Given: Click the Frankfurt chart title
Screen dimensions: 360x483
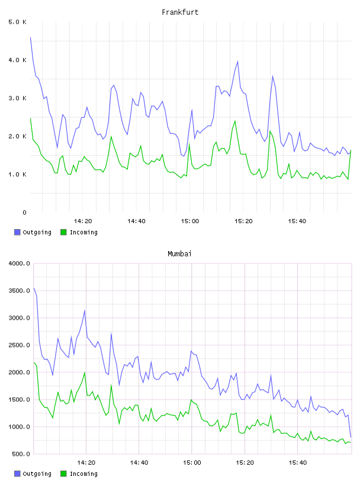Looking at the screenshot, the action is point(180,12).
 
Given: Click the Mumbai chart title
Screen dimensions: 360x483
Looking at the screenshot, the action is point(179,254).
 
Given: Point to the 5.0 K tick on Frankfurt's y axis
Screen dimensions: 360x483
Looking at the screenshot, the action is point(17,22).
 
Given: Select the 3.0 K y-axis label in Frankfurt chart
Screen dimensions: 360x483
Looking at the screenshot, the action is point(17,98).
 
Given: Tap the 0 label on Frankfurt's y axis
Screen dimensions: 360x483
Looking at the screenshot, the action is point(24,212).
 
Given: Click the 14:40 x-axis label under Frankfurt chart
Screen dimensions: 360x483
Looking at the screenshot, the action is point(136,221).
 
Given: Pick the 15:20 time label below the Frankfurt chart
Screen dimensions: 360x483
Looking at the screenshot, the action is point(243,221).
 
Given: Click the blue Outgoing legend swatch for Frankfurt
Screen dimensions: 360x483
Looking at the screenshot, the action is point(17,232).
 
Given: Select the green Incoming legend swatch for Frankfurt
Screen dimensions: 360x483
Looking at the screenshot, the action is point(63,232).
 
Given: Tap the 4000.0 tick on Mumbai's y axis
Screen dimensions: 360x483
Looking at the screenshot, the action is point(19,263).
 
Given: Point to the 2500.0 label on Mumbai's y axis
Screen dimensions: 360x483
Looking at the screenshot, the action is point(19,345).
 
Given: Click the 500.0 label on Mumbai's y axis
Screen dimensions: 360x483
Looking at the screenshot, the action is point(21,454).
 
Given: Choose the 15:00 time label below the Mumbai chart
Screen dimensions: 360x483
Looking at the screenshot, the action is point(192,463).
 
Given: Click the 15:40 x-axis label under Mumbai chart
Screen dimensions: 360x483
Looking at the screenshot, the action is point(298,463).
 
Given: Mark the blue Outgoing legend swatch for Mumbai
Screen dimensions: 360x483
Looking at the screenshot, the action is point(17,474).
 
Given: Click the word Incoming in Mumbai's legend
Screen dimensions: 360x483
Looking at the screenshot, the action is point(83,474).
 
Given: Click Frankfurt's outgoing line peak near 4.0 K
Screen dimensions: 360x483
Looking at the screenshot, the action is point(237,62).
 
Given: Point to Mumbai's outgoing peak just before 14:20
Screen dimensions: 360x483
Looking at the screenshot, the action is point(85,311).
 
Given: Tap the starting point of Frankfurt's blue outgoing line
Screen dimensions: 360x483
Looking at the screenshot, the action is point(31,37).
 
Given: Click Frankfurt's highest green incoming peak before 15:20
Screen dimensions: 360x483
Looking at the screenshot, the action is point(235,121).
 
